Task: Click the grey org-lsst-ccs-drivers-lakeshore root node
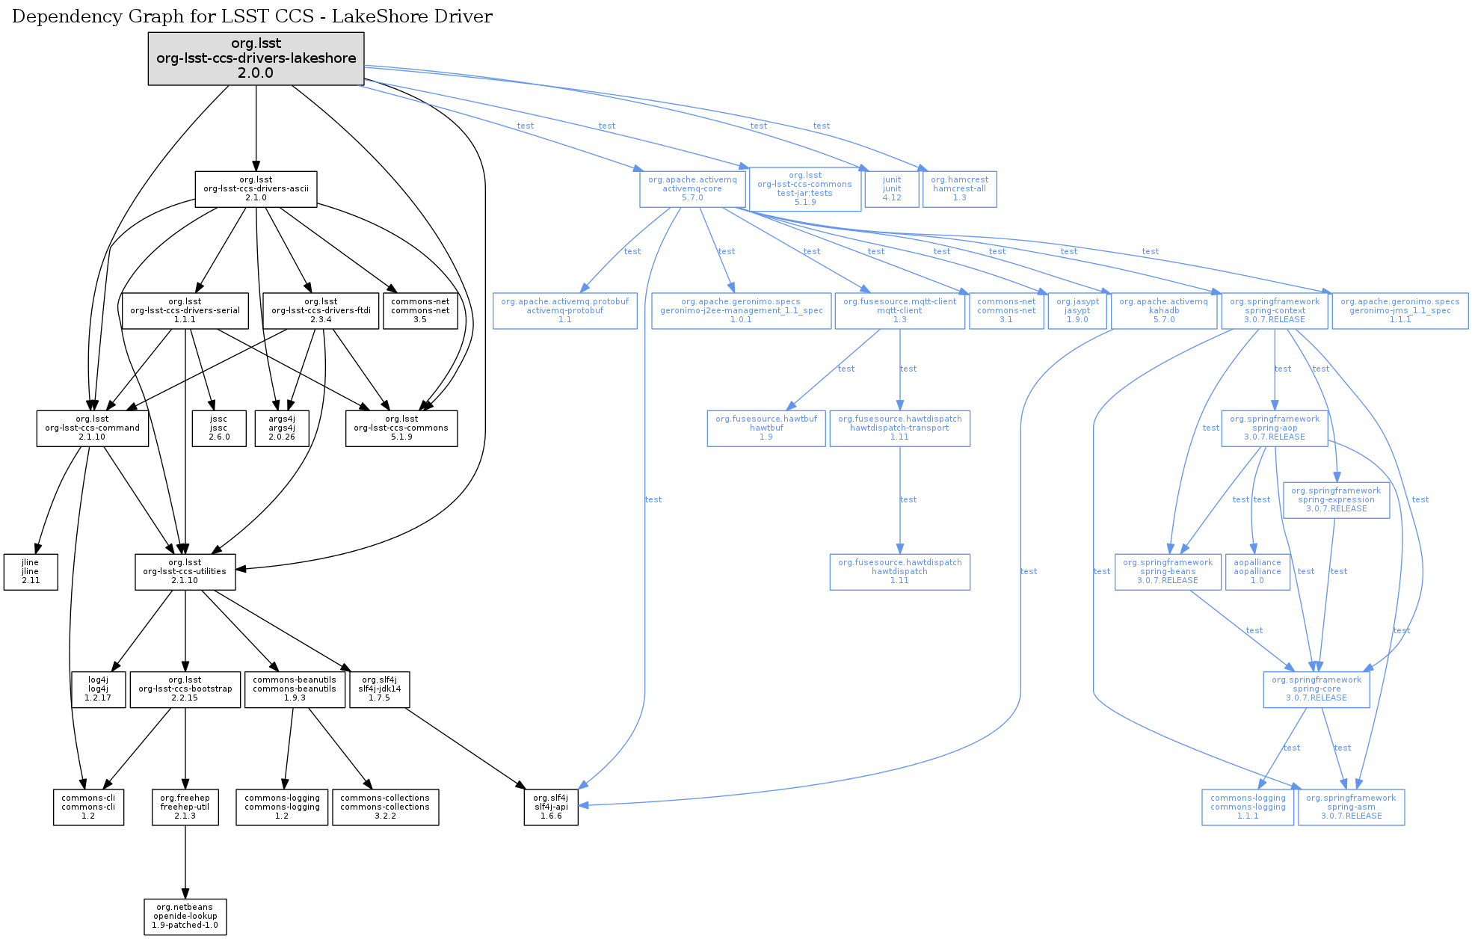click(x=256, y=58)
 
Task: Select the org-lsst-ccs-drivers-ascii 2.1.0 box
click(x=256, y=189)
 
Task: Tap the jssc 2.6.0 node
click(x=218, y=428)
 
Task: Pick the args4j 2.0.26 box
click(x=282, y=428)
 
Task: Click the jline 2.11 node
click(x=31, y=572)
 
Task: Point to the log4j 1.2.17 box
click(x=98, y=689)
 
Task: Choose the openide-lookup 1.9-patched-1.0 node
click(x=185, y=917)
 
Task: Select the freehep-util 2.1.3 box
click(x=185, y=807)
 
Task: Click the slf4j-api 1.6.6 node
click(x=551, y=807)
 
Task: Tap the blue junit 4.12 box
click(x=891, y=189)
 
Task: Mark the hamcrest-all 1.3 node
click(x=959, y=189)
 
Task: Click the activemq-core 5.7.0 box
click(x=692, y=189)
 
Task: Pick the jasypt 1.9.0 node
click(x=1077, y=311)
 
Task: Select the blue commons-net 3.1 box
click(x=1006, y=311)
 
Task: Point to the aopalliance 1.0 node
click(x=1257, y=572)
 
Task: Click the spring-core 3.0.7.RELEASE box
click(x=1317, y=689)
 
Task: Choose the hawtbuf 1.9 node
click(x=766, y=428)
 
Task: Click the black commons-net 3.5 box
click(x=420, y=311)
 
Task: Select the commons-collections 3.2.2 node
click(x=385, y=807)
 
